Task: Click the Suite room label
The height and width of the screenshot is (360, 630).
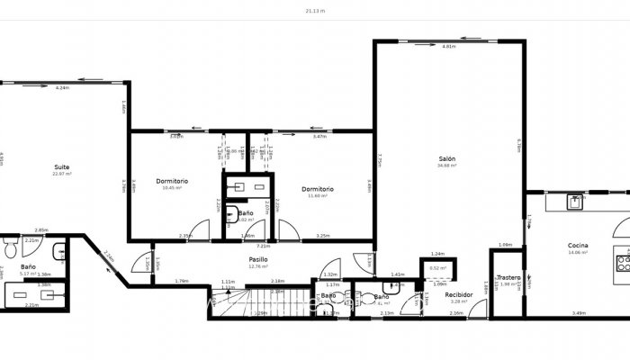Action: (x=61, y=167)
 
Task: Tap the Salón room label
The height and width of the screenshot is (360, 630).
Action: (x=447, y=159)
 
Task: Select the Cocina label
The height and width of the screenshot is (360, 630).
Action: (x=578, y=246)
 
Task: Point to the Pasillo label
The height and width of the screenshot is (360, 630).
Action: (x=259, y=259)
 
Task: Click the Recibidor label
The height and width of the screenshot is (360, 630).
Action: (x=460, y=294)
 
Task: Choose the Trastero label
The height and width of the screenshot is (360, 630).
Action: (x=509, y=278)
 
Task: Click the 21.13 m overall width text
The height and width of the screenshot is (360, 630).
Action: (x=315, y=11)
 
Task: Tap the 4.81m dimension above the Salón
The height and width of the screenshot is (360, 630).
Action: (x=448, y=46)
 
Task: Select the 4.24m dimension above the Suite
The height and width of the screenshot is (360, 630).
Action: (x=61, y=88)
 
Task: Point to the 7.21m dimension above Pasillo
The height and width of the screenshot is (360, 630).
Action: (x=263, y=246)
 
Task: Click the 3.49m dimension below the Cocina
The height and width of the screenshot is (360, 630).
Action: (x=579, y=313)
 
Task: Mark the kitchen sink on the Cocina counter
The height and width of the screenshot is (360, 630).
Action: (x=574, y=202)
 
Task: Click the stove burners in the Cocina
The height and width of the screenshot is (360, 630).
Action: (x=621, y=262)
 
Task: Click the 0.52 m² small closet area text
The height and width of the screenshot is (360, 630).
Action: (x=438, y=268)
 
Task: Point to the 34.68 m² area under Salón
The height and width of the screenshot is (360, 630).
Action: (x=447, y=166)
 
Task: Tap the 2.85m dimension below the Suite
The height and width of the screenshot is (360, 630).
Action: (x=40, y=229)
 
